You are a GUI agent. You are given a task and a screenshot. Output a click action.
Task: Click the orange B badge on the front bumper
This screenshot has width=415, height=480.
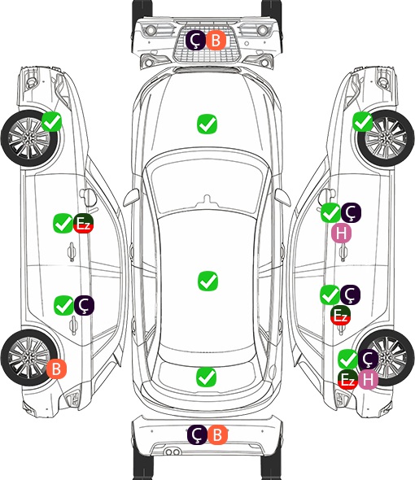[216, 40]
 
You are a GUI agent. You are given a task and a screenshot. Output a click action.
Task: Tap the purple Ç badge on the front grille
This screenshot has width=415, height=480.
[195, 40]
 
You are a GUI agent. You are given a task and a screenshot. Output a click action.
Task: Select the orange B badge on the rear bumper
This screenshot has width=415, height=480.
[217, 434]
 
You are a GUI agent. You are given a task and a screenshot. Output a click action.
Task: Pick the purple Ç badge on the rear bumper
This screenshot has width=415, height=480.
[197, 434]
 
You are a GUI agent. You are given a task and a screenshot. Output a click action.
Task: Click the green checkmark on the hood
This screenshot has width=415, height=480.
[207, 124]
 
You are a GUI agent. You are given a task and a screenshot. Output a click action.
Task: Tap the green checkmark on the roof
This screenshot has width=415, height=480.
[208, 281]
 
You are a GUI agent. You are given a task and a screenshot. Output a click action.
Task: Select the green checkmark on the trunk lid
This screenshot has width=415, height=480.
[207, 377]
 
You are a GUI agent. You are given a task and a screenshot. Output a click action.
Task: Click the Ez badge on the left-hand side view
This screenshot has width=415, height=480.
[83, 224]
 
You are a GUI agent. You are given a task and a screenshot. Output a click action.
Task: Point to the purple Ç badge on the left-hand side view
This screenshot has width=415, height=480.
[84, 306]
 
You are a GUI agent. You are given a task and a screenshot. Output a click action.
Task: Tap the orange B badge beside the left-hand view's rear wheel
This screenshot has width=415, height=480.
[56, 369]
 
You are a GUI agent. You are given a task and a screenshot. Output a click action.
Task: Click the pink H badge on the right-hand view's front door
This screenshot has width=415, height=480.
[341, 233]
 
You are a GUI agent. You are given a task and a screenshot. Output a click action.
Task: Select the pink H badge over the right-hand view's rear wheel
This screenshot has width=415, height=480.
[368, 380]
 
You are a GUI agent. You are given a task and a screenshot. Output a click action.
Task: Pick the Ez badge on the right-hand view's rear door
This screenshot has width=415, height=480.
[341, 316]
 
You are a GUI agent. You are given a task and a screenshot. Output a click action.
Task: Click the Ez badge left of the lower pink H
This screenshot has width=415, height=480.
[348, 380]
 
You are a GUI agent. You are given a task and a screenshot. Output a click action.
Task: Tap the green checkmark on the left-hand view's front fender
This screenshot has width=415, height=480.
[51, 122]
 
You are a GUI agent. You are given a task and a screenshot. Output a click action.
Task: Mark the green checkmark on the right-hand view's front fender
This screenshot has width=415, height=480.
[363, 122]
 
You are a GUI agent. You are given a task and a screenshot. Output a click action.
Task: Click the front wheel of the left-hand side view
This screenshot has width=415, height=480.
[29, 138]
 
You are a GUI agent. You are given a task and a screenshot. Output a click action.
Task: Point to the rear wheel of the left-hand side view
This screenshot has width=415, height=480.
[28, 357]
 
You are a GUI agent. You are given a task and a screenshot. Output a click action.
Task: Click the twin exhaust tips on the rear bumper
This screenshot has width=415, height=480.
[173, 452]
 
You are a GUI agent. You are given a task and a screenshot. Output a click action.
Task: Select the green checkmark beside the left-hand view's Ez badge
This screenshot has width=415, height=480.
[63, 224]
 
